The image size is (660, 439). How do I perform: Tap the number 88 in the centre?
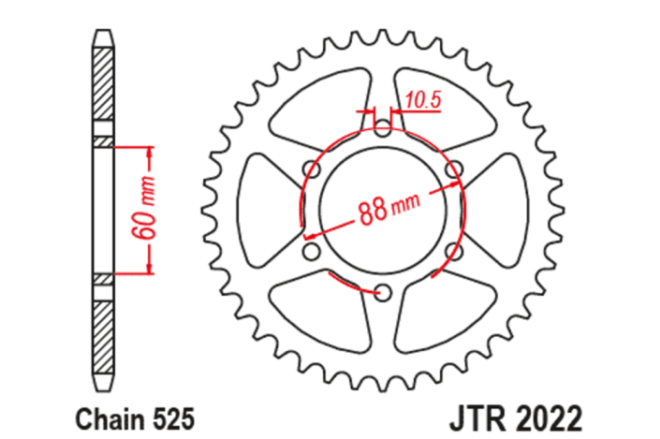373,210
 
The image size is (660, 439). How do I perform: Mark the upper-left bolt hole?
311,169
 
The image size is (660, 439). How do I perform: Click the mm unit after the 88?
404,203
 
